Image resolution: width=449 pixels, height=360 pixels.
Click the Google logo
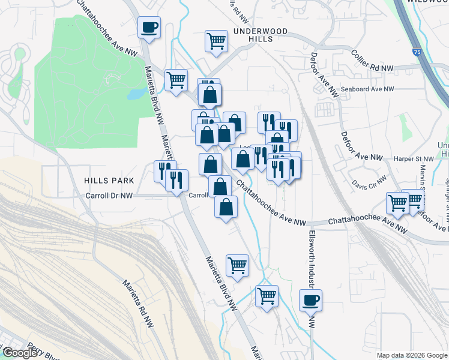point(19,353)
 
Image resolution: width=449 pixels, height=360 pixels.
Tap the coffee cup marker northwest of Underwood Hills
point(149,26)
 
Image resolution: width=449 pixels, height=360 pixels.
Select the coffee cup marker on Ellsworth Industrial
point(310,300)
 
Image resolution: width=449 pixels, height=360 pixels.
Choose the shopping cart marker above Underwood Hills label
point(216,41)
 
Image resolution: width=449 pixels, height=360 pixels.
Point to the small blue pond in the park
point(136,94)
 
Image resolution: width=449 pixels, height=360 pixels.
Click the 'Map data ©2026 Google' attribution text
point(411,355)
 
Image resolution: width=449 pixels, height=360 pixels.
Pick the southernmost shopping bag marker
point(225,208)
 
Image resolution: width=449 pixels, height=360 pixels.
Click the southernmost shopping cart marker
point(267,295)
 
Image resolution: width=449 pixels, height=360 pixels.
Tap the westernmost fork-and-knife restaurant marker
point(164,170)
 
